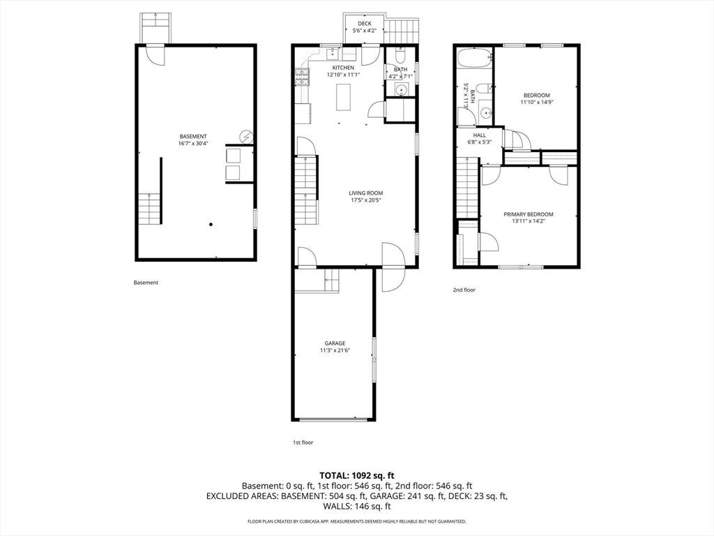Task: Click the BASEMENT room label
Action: (193, 136)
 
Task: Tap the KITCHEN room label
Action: (343, 68)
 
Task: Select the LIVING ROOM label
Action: (365, 193)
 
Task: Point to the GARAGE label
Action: (335, 343)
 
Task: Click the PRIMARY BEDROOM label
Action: (529, 214)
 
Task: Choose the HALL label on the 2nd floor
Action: (480, 135)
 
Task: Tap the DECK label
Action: (364, 24)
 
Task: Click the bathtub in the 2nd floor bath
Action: (474, 59)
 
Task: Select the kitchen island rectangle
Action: (344, 97)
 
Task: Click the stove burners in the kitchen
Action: (301, 77)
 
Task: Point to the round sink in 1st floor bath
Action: (401, 90)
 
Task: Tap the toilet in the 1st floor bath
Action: (400, 56)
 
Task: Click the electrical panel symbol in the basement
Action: (246, 137)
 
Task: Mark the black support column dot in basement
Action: (211, 224)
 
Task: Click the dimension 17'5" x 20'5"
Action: (365, 200)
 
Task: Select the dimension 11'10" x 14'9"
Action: (536, 102)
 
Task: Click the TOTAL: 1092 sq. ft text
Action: (356, 476)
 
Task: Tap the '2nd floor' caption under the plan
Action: (464, 290)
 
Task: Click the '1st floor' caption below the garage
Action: (303, 442)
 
